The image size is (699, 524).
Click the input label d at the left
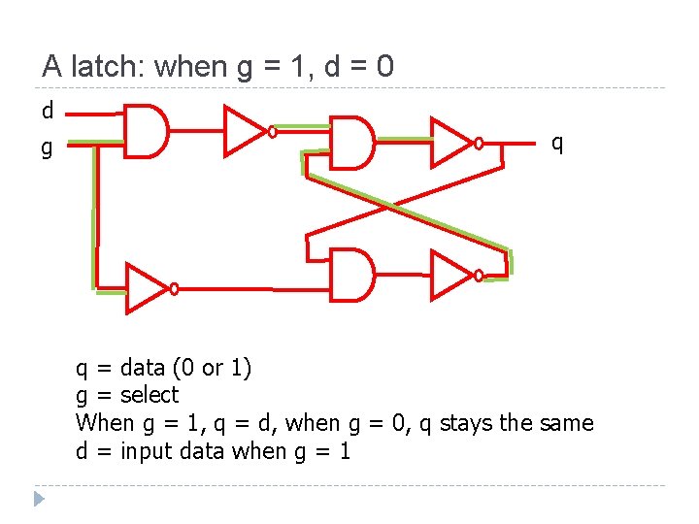click(48, 111)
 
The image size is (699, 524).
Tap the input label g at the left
click(47, 148)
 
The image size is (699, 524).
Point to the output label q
click(557, 143)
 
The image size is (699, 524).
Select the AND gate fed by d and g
click(147, 130)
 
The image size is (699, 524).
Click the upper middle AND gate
click(351, 143)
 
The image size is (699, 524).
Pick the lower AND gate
click(351, 275)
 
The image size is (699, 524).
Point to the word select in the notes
click(150, 395)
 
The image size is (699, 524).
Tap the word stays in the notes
click(465, 423)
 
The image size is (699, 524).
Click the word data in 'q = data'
click(143, 368)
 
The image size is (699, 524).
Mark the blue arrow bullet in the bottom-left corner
click(38, 500)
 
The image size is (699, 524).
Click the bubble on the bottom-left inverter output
click(174, 288)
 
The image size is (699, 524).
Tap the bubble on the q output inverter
click(478, 144)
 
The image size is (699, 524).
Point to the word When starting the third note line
click(104, 423)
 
